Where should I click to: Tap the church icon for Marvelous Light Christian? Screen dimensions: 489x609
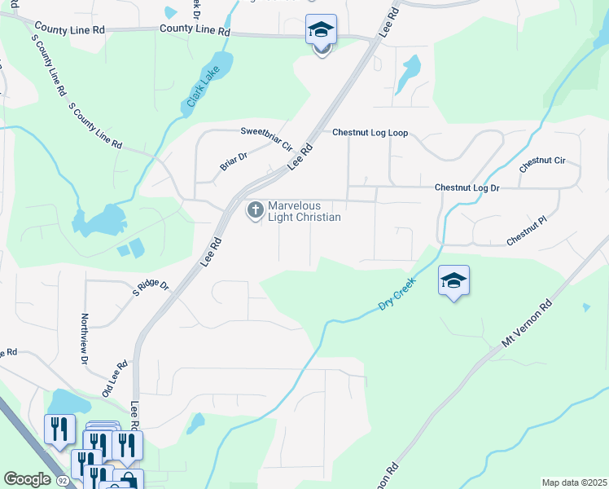[255, 210]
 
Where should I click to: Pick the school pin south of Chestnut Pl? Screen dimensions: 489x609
[453, 281]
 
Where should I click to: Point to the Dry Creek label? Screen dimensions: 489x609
[397, 294]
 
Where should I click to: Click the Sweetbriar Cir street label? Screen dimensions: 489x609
[266, 139]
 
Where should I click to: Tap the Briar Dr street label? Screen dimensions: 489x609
[233, 161]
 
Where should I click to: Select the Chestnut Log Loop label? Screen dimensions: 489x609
[370, 133]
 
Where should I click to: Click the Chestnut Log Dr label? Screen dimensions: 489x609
[467, 187]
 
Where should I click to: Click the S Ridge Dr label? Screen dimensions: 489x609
[151, 286]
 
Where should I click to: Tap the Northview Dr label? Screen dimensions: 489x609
[84, 338]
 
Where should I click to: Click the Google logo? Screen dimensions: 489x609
[27, 478]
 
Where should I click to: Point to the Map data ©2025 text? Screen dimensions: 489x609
[573, 482]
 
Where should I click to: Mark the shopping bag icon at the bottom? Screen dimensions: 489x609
[128, 480]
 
